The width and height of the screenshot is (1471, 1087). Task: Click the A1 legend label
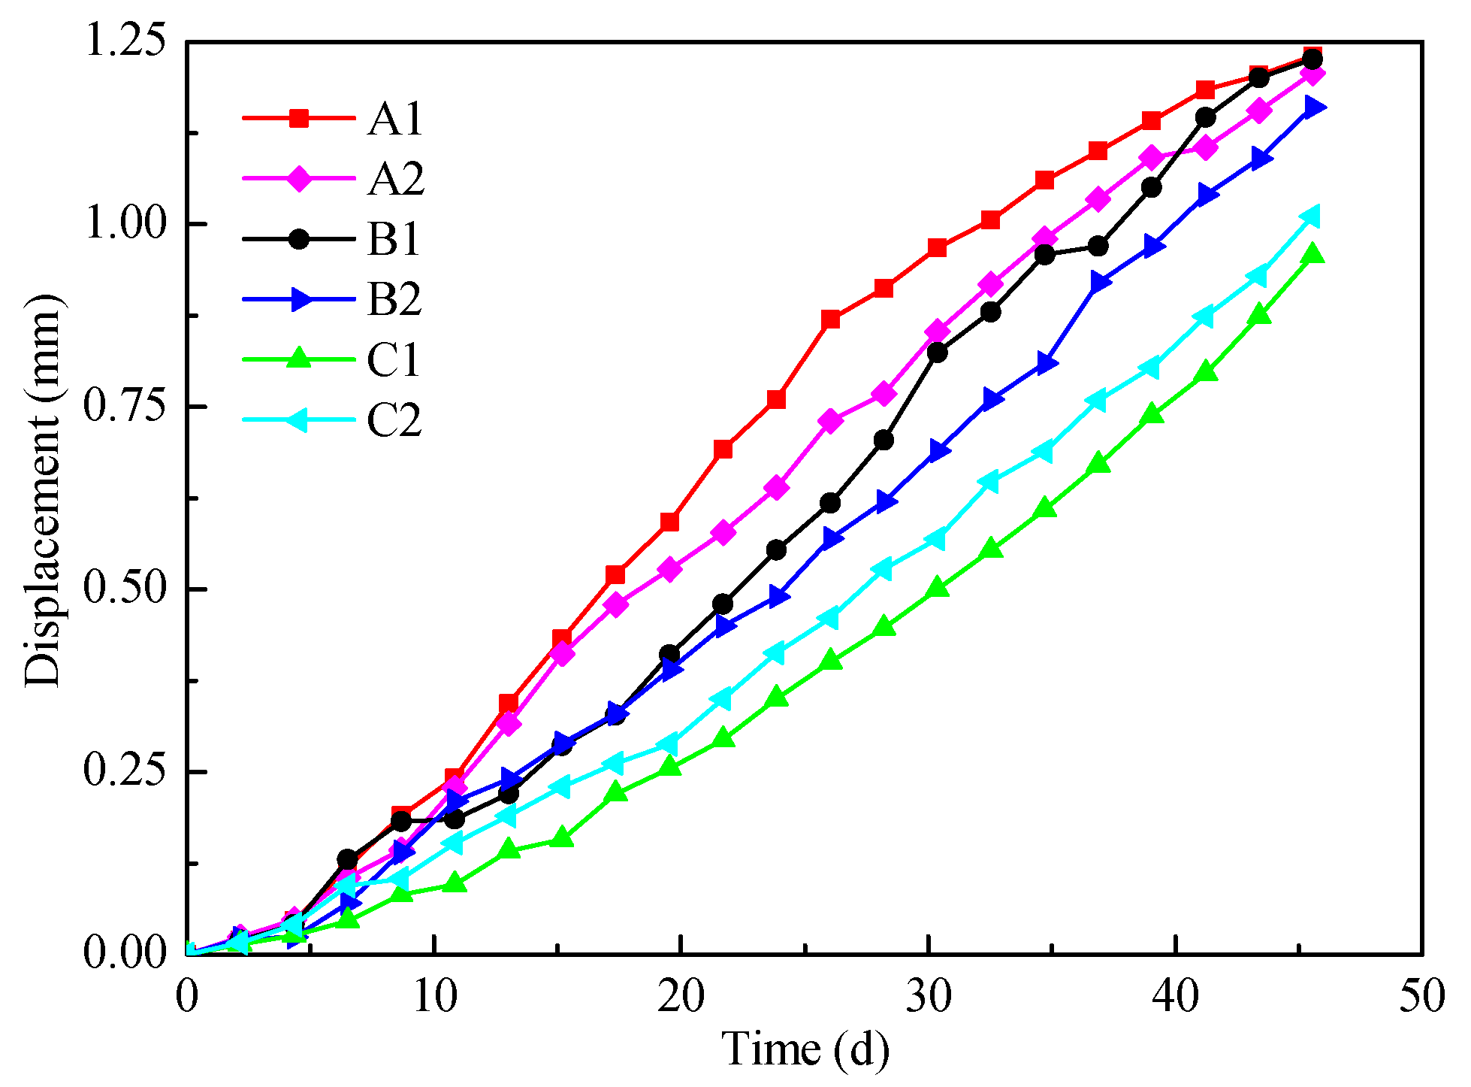(x=395, y=119)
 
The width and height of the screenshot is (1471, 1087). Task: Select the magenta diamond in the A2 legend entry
(x=299, y=179)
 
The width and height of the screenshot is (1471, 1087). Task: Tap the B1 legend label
(x=394, y=239)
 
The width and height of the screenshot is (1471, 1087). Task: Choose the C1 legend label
(x=394, y=359)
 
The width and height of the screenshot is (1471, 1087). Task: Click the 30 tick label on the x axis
(x=929, y=997)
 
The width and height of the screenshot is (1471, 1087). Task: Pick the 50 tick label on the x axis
(x=1421, y=997)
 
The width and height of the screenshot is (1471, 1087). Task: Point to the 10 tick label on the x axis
(x=435, y=997)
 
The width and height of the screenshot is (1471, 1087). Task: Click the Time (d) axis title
(x=805, y=1049)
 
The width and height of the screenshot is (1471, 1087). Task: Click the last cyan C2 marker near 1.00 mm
(x=1311, y=216)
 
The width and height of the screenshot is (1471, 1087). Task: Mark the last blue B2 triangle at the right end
(x=1314, y=107)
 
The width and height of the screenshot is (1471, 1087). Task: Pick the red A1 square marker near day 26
(x=830, y=319)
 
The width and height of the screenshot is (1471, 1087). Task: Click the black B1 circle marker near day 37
(x=1098, y=246)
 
